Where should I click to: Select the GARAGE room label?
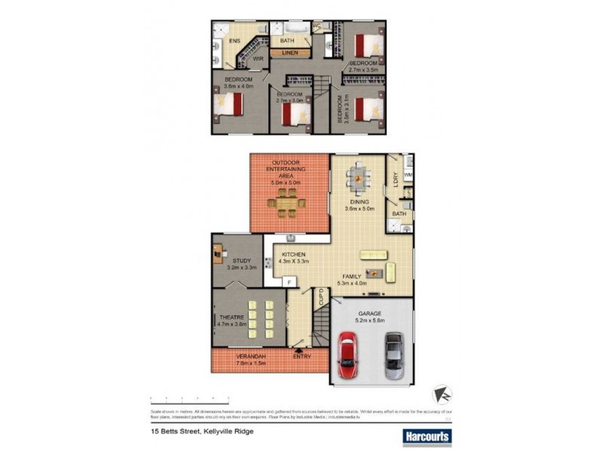(x=369, y=313)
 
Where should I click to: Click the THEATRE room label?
(x=228, y=318)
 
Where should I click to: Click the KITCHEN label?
(x=292, y=255)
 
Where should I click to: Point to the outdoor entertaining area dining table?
(x=286, y=202)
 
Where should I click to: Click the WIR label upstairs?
(x=257, y=58)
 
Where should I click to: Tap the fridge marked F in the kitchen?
(x=287, y=281)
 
